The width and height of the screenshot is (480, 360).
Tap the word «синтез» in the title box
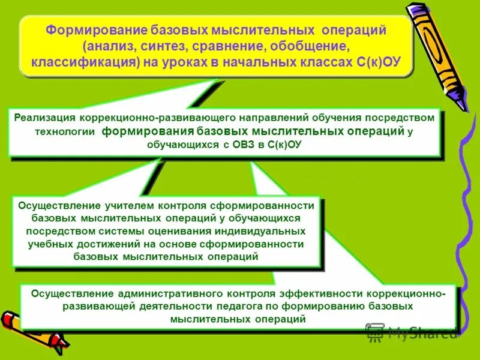tap(161, 46)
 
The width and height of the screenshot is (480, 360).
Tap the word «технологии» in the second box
tap(70, 133)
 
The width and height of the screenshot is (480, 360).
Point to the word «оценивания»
tap(174, 231)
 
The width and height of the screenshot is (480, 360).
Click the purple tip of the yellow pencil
tap(460, 101)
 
